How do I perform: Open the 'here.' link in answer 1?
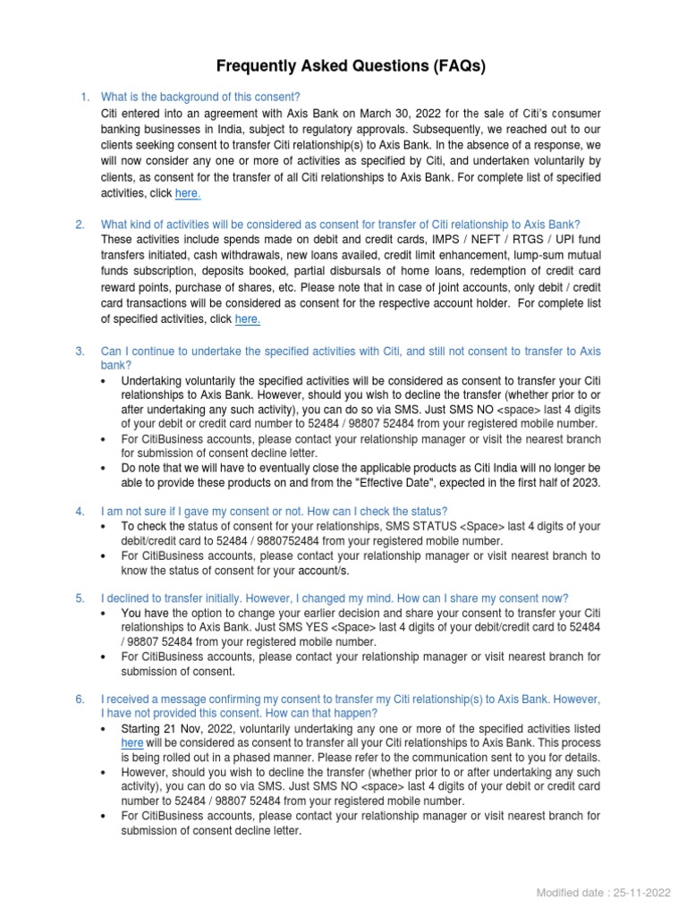(188, 193)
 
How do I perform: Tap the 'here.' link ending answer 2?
(248, 319)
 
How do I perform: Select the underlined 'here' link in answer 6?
(131, 742)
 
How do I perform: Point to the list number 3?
(80, 352)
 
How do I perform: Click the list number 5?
(80, 598)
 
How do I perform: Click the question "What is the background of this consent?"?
(200, 97)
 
